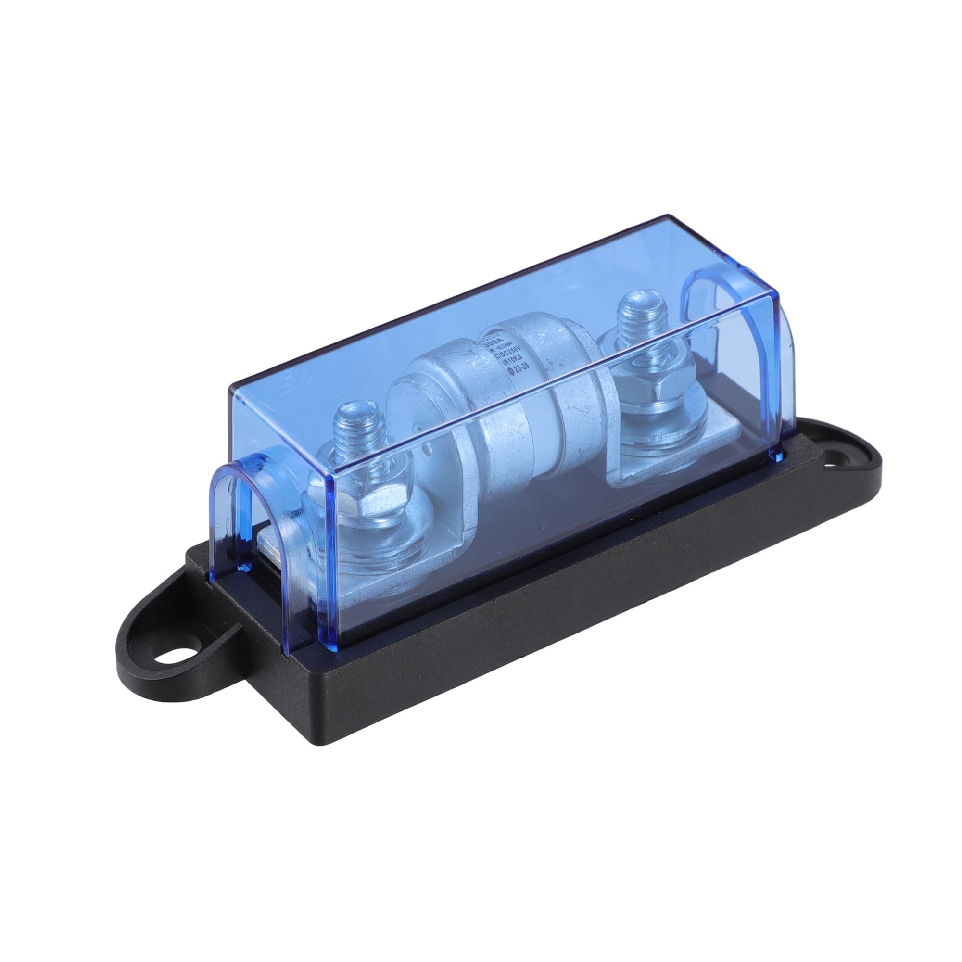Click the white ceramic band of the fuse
tap(513, 428)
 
